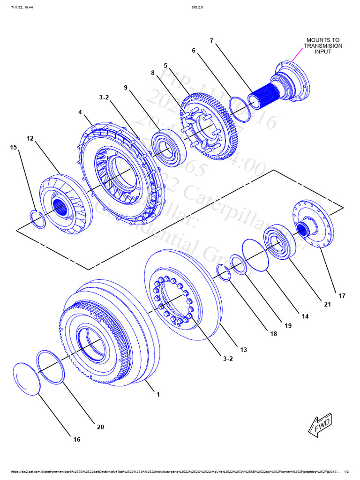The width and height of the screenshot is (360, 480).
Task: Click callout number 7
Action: pos(211,41)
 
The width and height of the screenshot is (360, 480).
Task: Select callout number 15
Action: pos(13,148)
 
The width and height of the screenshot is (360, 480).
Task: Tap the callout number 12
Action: pos(30,138)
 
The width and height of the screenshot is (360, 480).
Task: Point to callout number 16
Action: pos(76,439)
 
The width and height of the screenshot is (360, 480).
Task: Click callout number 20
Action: pos(100,427)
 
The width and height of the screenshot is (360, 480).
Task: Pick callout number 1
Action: pos(158,394)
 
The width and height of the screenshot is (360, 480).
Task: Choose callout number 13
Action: pos(243,350)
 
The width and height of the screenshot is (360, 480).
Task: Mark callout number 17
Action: pos(342,296)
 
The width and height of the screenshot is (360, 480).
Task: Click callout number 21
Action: pos(327,305)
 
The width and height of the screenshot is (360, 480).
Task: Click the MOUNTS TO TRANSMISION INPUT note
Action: pos(323,46)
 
